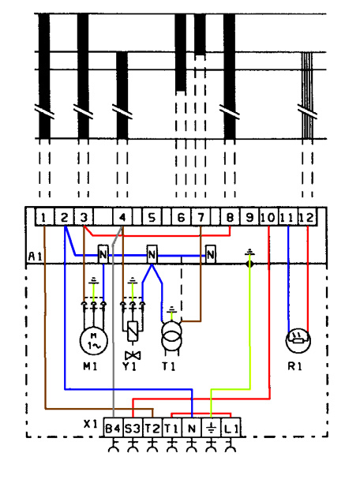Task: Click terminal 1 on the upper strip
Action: point(44,217)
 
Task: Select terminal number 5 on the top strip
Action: point(152,217)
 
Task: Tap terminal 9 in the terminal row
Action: point(249,217)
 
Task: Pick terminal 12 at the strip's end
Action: point(308,217)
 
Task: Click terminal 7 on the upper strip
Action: point(201,217)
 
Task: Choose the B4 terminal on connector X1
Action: point(113,427)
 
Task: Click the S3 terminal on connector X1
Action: point(133,427)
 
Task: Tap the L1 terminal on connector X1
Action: point(231,427)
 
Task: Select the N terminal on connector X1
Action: point(192,427)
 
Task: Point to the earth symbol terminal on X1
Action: point(212,427)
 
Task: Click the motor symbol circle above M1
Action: point(94,341)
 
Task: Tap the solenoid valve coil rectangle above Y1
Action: point(133,332)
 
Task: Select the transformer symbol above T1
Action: point(171,336)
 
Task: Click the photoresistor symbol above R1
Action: point(298,341)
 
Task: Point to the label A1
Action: point(35,257)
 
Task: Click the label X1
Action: point(91,424)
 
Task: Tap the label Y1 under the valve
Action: point(129,366)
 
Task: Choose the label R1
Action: point(294,366)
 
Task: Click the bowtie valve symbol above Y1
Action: point(133,355)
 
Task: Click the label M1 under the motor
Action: point(90,366)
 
